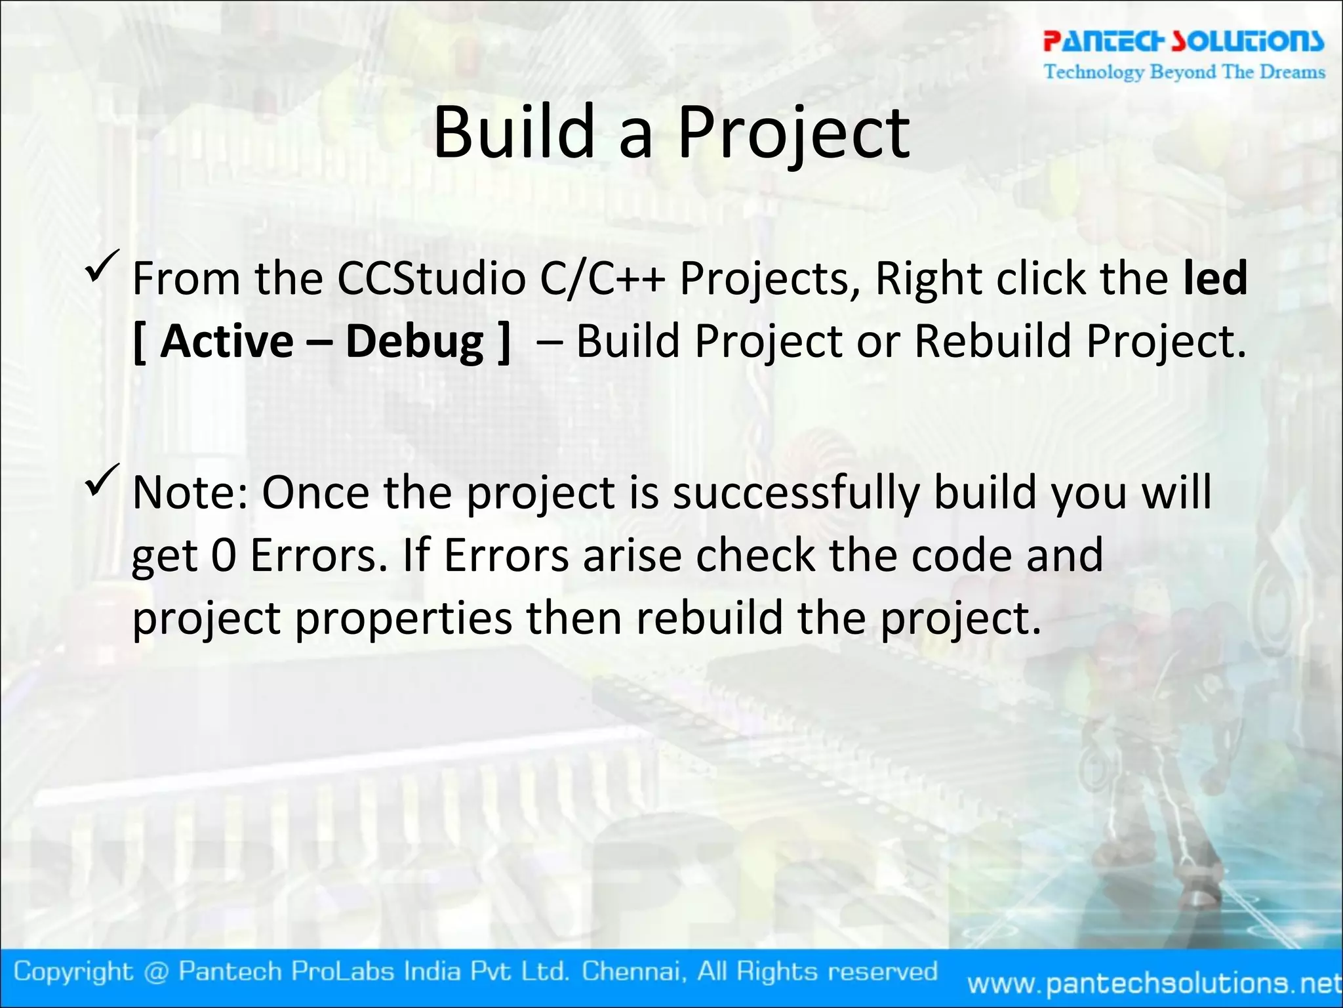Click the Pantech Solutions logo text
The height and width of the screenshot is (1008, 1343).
pos(1184,41)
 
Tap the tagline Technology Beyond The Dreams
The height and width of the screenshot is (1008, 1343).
pos(1184,71)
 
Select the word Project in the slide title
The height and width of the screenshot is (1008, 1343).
pos(793,134)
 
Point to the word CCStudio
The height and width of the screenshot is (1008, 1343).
pos(431,279)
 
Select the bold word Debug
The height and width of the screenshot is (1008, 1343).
pos(414,343)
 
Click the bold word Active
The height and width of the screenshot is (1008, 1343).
pos(227,341)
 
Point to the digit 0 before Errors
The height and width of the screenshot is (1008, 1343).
pos(224,555)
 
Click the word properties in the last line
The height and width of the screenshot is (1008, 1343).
pos(403,619)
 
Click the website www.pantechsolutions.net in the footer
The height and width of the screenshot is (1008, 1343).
pos(1154,983)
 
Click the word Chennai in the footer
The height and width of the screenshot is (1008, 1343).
pos(634,971)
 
